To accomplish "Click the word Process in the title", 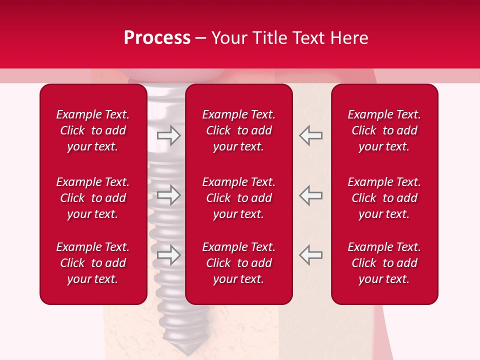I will (157, 38).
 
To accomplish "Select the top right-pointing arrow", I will (168, 135).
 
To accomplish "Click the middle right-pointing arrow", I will (168, 195).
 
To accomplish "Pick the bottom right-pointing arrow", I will (168, 255).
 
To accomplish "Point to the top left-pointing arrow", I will (310, 135).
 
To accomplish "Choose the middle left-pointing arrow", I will (310, 195).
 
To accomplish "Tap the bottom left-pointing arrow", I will (310, 255).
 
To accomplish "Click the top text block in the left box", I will (93, 130).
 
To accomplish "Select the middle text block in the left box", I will (93, 198).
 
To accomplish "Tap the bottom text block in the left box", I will (93, 263).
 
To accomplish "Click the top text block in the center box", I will (238, 130).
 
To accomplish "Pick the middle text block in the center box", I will (238, 198).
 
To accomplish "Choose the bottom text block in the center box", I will (238, 263).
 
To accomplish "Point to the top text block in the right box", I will (384, 130).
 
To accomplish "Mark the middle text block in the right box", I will (384, 198).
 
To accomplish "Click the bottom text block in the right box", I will (384, 263).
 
